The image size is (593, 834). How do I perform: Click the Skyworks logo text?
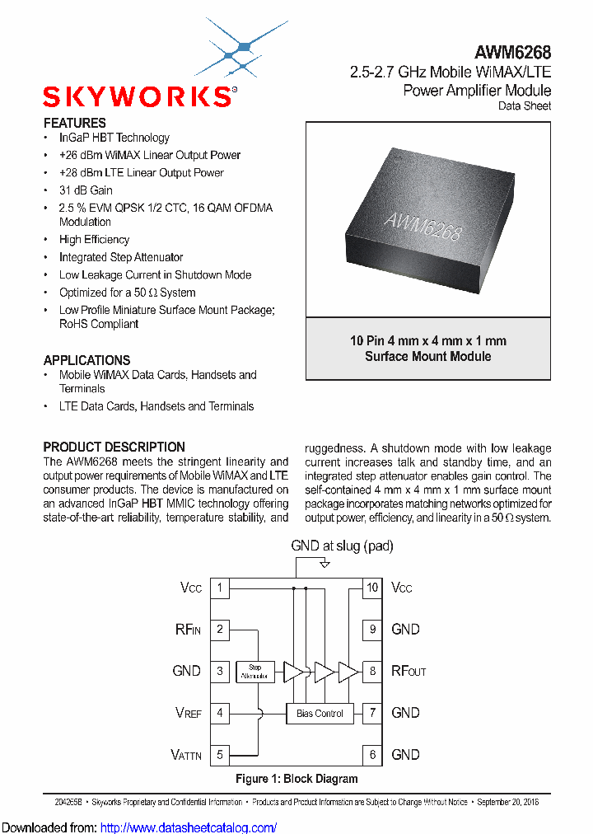138,97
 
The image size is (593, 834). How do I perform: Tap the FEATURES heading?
74,123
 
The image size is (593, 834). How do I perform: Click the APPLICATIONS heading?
86,360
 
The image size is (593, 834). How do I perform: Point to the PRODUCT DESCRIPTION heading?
114,447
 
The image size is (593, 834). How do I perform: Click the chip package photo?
427,218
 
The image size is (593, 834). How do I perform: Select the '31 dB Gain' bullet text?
86,190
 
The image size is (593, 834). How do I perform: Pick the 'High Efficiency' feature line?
94,239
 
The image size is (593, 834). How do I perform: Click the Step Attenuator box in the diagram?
254,671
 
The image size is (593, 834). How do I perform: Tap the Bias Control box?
320,713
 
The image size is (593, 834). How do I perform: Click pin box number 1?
220,588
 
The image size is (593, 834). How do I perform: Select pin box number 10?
372,588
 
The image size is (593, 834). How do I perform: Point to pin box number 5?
220,754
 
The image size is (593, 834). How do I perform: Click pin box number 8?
372,671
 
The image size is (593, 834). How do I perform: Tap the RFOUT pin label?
409,671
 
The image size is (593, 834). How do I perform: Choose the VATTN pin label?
186,755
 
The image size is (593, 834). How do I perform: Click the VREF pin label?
189,713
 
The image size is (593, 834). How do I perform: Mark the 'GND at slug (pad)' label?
342,546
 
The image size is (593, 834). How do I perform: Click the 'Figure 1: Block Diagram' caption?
296,779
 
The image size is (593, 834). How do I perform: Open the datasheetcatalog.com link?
203,827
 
